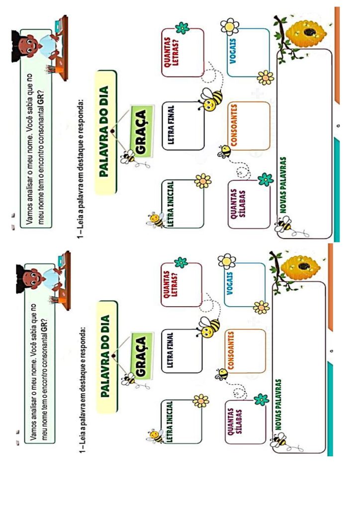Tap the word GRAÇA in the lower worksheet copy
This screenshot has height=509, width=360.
[x=140, y=355]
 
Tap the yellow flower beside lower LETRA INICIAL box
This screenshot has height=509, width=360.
[x=200, y=400]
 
